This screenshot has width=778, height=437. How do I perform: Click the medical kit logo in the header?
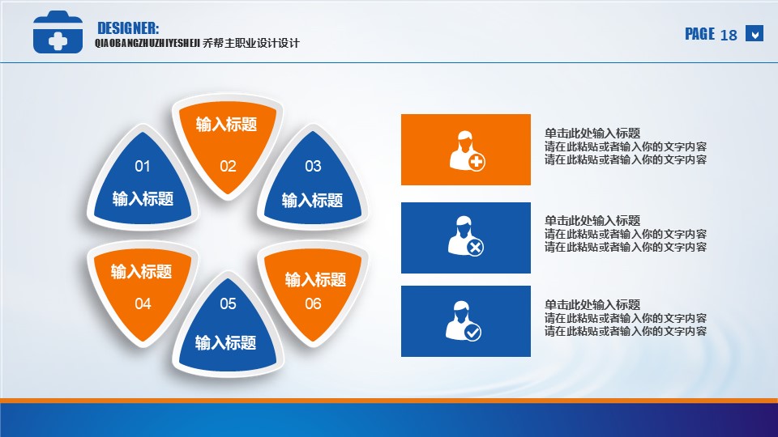58,32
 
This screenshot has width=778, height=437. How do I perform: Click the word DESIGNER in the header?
128,28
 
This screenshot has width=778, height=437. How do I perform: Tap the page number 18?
729,35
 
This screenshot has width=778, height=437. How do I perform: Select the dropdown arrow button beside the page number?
754,34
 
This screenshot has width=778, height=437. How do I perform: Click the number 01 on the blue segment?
143,166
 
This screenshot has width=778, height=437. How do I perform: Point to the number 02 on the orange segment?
228,166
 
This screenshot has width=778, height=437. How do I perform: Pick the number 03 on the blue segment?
313,166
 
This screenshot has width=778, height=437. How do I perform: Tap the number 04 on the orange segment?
143,303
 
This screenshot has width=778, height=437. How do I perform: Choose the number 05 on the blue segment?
228,303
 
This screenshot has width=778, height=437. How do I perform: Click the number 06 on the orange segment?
313,303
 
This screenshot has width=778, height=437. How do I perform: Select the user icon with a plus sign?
467,151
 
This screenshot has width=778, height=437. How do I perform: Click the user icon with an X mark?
465,235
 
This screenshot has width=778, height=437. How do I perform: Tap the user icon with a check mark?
464,321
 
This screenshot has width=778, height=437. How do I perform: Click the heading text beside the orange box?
592,133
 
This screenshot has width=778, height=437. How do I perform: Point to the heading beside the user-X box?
592,220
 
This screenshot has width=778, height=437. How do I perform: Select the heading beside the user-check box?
592,304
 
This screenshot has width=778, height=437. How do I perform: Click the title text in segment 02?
226,124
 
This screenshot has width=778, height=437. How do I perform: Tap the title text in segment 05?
226,342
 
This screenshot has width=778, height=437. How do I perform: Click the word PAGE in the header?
699,34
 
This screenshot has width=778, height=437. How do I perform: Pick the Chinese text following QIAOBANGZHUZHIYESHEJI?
251,43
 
